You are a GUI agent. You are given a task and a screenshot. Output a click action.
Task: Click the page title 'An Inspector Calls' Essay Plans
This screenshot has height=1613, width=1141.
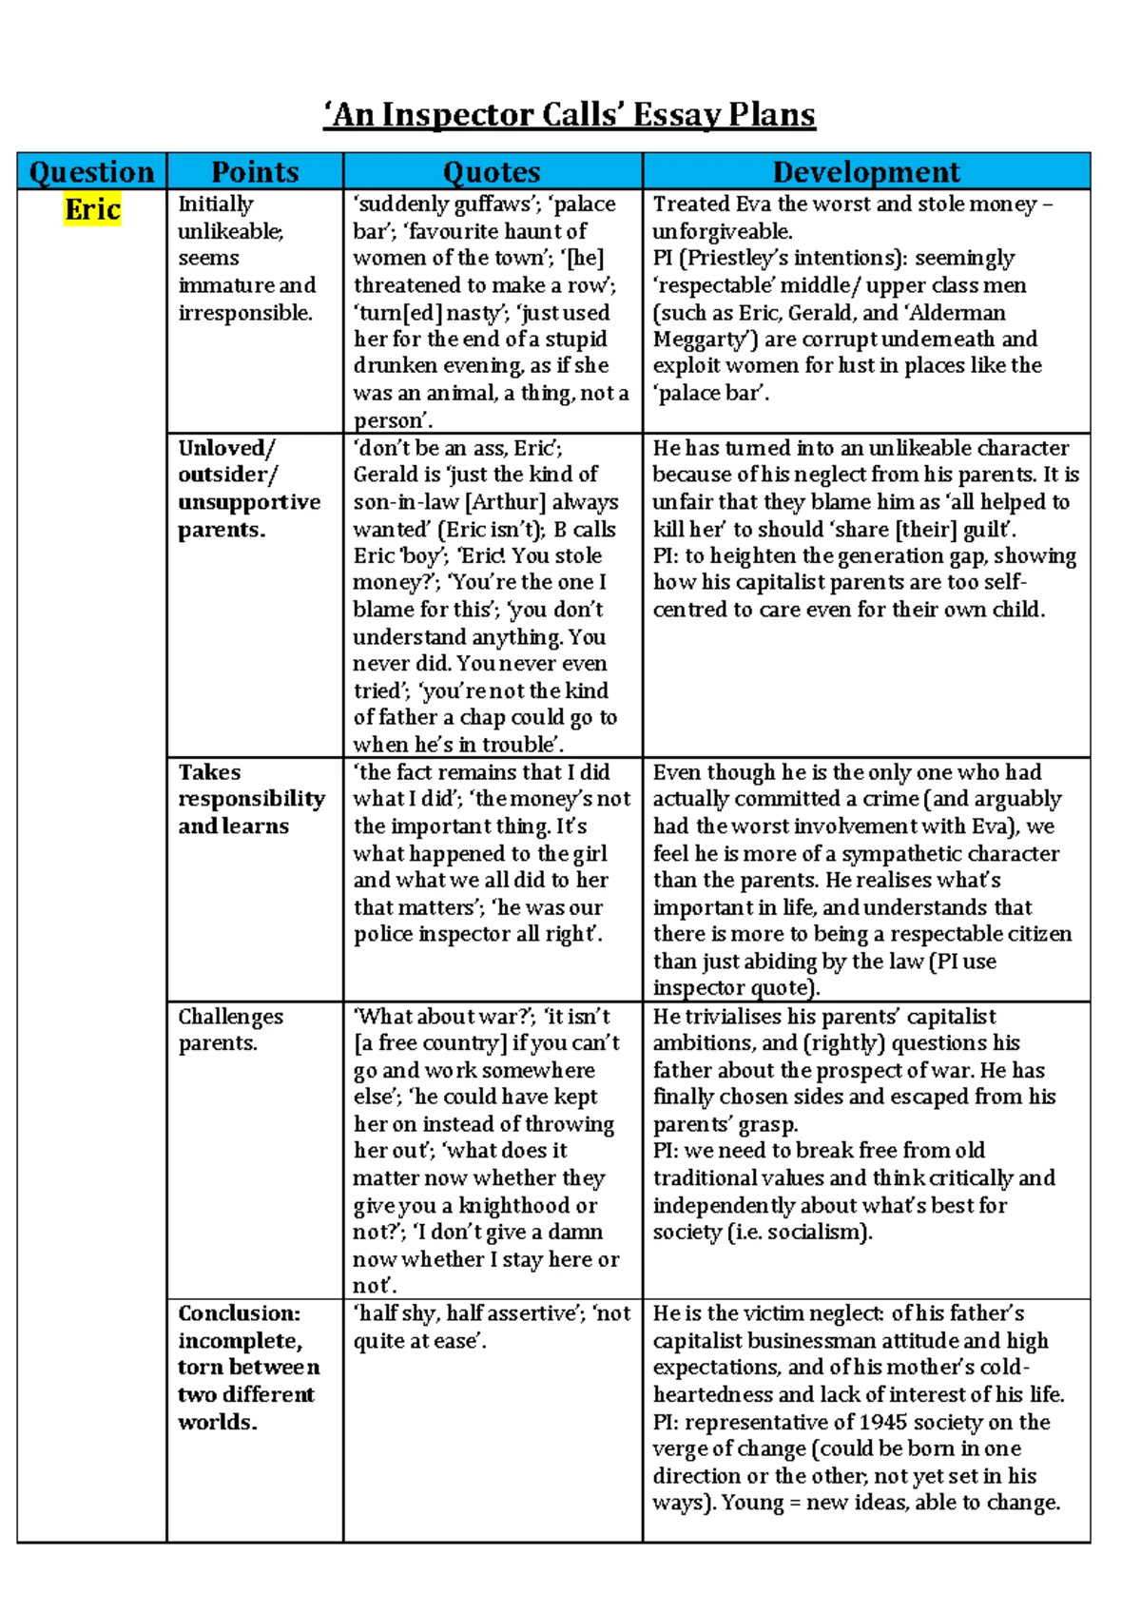point(570,115)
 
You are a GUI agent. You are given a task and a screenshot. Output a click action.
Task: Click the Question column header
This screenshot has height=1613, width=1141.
point(91,171)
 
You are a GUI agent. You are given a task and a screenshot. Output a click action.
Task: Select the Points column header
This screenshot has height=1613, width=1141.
point(255,171)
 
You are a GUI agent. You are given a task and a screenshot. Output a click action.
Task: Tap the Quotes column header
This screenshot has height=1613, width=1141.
point(492,171)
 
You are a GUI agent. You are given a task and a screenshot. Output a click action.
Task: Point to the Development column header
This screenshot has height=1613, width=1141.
point(865,171)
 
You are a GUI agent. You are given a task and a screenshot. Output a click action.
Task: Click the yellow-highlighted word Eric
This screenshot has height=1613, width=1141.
point(92,209)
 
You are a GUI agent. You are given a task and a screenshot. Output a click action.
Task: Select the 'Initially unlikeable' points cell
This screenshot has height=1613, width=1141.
point(246,258)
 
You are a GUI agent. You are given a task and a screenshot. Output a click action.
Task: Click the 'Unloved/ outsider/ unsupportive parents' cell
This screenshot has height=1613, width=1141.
point(249,488)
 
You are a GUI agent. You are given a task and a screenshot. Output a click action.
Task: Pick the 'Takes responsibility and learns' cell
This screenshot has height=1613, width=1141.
point(251,799)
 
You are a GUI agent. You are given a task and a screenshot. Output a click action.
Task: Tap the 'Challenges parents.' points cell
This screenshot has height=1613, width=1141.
point(230,1029)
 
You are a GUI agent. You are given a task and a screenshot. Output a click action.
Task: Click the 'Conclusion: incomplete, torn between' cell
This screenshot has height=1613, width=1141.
point(248,1367)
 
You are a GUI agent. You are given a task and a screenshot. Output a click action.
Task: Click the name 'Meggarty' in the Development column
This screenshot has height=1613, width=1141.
point(695,340)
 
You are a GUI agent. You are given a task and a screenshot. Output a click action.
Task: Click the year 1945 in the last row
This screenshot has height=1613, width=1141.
point(885,1422)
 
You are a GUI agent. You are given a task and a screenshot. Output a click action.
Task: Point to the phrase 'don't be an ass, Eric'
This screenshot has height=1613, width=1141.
point(457,448)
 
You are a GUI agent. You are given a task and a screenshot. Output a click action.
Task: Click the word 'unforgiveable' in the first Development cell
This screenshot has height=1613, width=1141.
point(721,231)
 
